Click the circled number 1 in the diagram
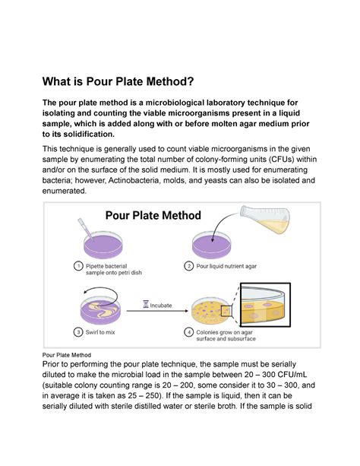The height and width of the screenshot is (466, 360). (78, 266)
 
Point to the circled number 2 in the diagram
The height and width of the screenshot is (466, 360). (191, 266)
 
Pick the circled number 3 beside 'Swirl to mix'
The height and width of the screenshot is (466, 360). (78, 331)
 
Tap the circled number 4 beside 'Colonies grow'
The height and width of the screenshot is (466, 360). (191, 332)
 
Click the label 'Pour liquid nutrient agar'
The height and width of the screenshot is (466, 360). (235, 266)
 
